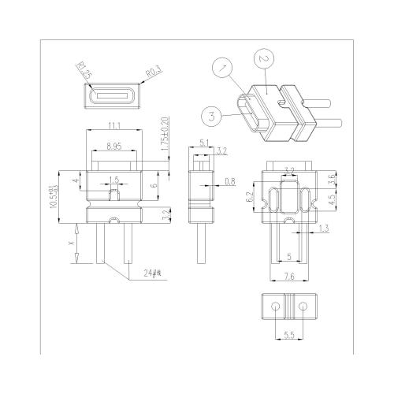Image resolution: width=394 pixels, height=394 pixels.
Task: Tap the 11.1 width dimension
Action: (115, 126)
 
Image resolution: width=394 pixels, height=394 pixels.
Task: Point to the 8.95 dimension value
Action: (115, 146)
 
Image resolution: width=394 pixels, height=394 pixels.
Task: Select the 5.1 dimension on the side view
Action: (205, 143)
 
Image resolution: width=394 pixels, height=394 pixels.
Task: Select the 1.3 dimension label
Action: (324, 228)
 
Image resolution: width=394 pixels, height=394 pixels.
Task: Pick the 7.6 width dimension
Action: (288, 276)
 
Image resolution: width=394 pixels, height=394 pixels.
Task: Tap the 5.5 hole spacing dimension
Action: (288, 336)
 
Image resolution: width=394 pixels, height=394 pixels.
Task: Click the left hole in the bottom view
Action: (274, 304)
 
